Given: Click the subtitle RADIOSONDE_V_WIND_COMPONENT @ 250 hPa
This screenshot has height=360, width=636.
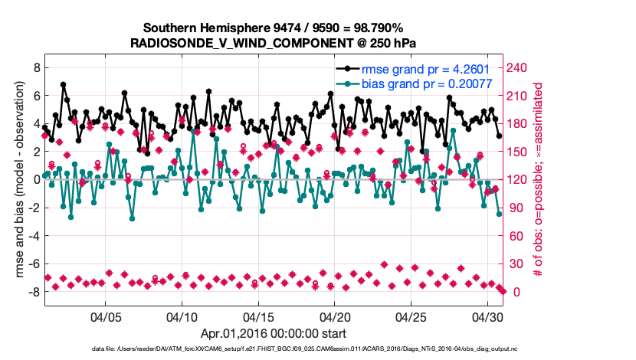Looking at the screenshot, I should [274, 41].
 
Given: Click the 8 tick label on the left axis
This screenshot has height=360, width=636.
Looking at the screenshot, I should [35, 68].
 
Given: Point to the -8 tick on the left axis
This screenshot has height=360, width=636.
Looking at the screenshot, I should [33, 292].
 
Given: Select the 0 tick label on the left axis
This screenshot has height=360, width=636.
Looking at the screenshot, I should [35, 180].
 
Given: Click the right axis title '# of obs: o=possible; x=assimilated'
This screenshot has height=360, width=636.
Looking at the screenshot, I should [539, 180].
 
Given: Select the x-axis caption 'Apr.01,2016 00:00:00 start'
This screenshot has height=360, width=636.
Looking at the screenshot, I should [274, 334].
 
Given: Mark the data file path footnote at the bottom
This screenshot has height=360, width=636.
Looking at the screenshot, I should [318, 349].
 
